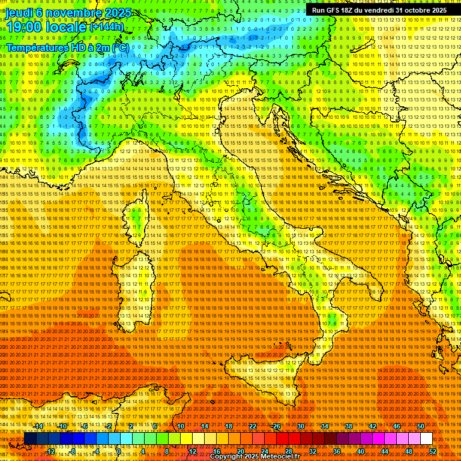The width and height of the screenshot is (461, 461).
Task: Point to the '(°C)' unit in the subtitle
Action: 120,47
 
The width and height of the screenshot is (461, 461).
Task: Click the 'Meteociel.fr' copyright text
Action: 282,457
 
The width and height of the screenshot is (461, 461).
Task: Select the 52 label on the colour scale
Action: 433,451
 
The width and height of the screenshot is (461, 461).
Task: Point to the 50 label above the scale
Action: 421,426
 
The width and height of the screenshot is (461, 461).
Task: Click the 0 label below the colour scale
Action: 119,451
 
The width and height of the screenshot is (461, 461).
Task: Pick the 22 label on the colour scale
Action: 253,426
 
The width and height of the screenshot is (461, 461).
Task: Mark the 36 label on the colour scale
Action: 336,451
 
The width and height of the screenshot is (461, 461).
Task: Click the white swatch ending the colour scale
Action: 426,439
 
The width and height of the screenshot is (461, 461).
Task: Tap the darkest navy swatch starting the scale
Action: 29,439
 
